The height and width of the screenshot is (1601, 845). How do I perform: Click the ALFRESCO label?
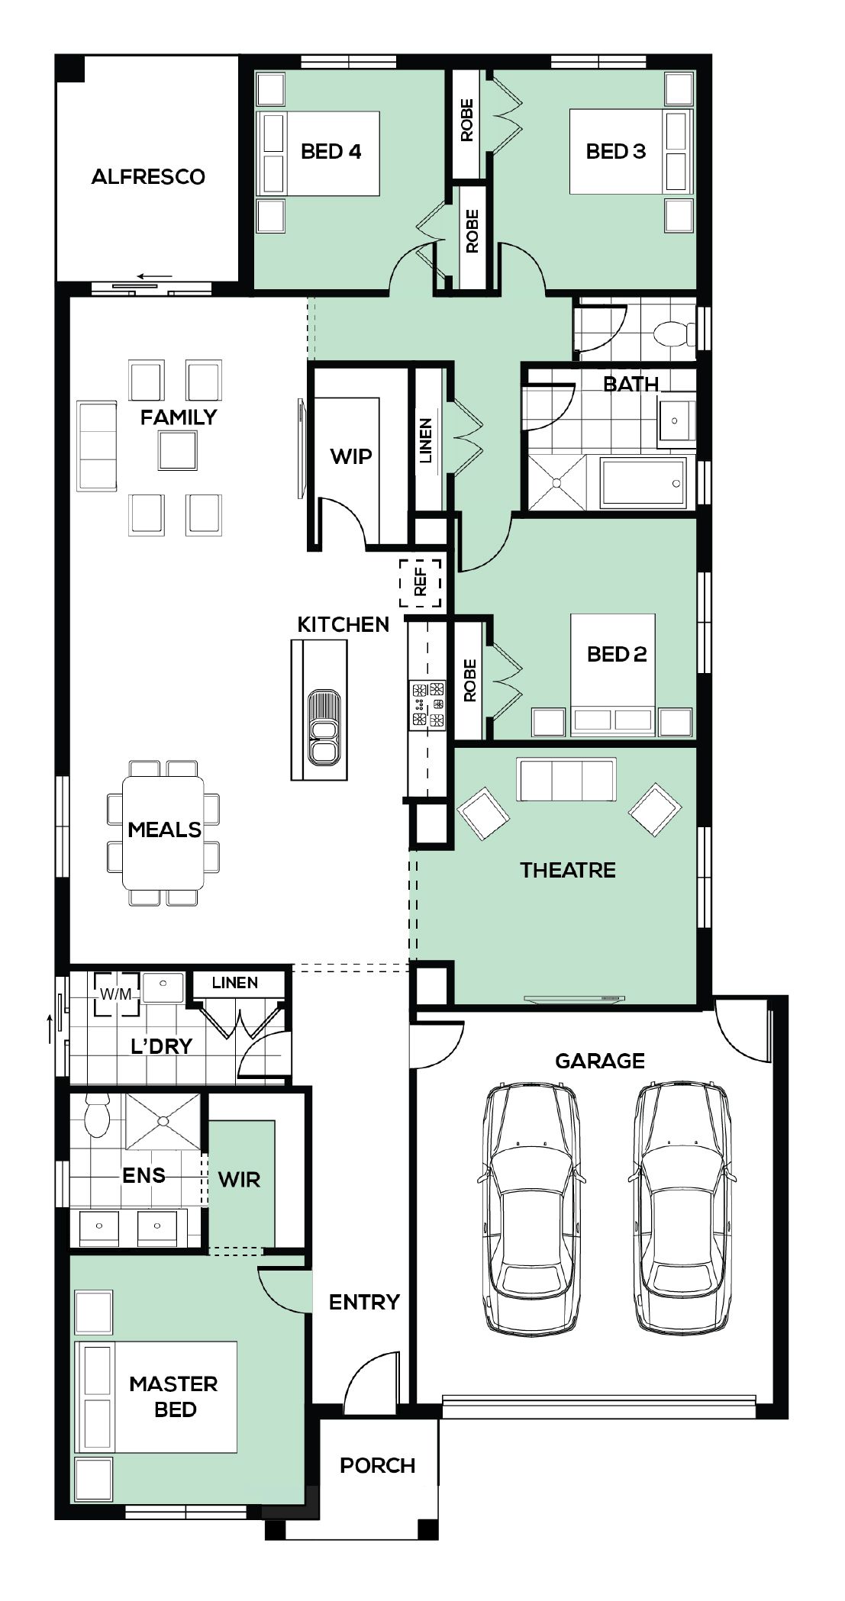[x=148, y=177]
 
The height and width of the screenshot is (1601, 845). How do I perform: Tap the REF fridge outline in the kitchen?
[x=421, y=583]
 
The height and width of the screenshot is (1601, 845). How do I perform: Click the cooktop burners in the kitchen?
[x=428, y=704]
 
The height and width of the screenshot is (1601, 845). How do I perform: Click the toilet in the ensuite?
[x=97, y=1116]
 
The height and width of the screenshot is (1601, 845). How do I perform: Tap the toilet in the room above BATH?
[x=674, y=333]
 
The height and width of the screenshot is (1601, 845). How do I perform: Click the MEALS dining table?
[x=163, y=833]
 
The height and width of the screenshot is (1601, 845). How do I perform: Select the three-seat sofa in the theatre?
[x=566, y=779]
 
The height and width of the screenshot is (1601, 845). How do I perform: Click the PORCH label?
[x=378, y=1465]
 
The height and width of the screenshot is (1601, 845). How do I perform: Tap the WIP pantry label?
[x=351, y=456]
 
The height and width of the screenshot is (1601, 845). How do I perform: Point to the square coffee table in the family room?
[x=177, y=449]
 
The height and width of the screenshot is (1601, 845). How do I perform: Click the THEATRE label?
[x=568, y=870]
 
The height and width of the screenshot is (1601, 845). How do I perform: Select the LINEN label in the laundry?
[x=235, y=983]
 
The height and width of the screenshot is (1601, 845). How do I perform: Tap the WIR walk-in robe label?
[x=239, y=1180]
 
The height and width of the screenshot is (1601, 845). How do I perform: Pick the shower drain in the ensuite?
[x=163, y=1121]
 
